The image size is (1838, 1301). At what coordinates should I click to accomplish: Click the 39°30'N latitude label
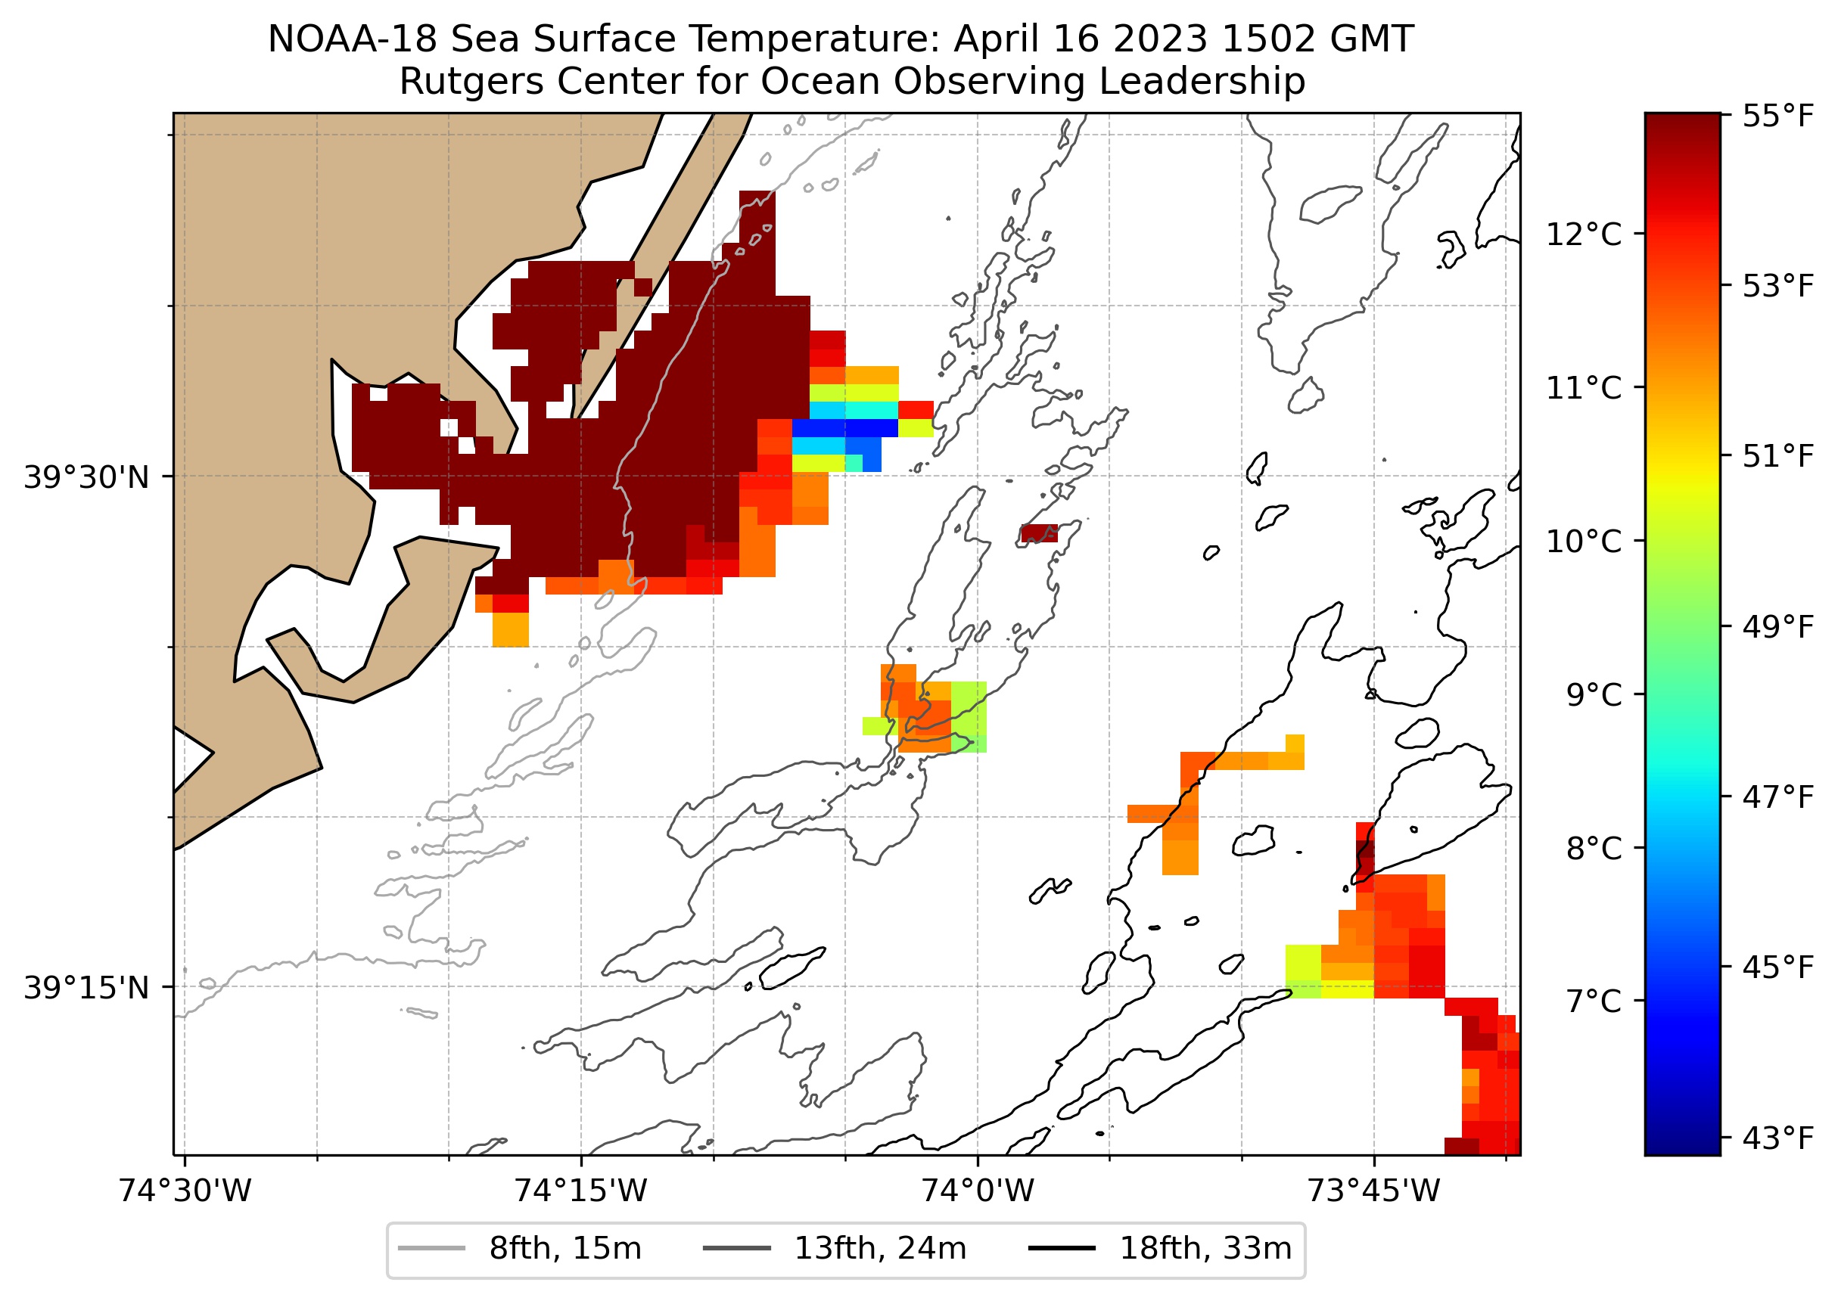tap(86, 477)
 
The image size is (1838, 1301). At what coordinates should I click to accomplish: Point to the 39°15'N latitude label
tap(86, 988)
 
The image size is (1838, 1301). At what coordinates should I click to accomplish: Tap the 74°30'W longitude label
tap(185, 1191)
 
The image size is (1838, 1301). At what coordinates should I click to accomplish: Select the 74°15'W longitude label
tap(580, 1191)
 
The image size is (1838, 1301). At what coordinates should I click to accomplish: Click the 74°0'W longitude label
tap(977, 1191)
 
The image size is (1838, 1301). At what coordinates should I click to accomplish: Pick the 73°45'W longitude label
tap(1373, 1191)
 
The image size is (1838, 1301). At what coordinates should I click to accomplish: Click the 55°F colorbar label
tap(1777, 117)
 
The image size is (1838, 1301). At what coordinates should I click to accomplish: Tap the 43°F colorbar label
tap(1777, 1138)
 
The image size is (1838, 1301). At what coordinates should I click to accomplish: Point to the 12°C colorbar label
tap(1583, 234)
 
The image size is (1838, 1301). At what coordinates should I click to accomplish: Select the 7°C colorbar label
tap(1594, 1001)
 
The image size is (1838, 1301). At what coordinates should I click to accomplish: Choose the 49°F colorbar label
tap(1777, 626)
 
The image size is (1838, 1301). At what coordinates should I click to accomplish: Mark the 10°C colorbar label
tap(1583, 542)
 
